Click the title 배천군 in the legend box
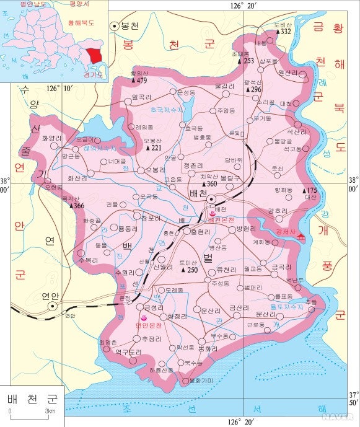point(31,398)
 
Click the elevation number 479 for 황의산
point(142,81)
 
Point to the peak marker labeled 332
point(286,31)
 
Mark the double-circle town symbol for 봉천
point(115,25)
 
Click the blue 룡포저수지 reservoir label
point(286,306)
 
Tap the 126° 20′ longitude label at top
point(243,6)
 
